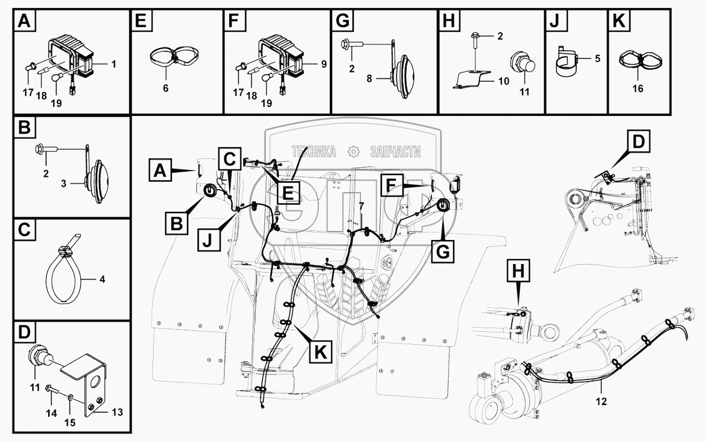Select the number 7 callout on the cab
[x=362, y=206]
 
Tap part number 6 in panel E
[x=165, y=88]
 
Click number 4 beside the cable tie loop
[x=102, y=279]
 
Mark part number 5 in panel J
[x=597, y=58]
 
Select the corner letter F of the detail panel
[x=233, y=21]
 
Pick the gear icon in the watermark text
[x=353, y=152]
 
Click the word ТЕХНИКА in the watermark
[x=314, y=152]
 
